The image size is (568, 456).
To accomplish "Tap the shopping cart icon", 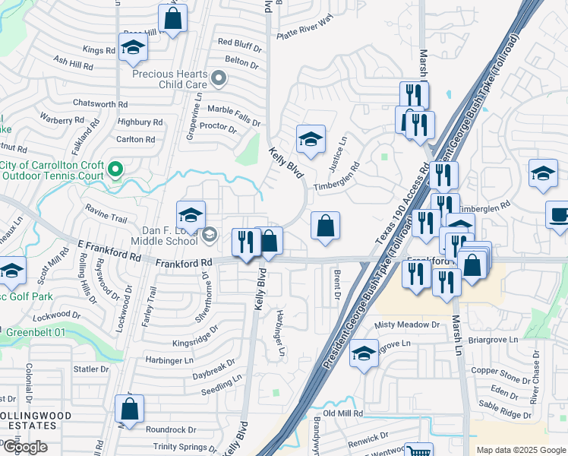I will point(418,451).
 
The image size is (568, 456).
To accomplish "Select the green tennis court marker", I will point(115,169).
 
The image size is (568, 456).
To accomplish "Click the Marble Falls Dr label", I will point(234,111).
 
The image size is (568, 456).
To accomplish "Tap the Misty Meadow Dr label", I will point(407,325).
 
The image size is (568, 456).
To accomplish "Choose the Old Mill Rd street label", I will point(343,413).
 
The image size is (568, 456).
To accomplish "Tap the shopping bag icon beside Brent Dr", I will point(325,226).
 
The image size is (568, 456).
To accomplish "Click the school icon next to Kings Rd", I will point(134,46).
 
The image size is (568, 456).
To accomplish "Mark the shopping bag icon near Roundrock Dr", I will point(130,408).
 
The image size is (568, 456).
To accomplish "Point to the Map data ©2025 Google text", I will point(520,450).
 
